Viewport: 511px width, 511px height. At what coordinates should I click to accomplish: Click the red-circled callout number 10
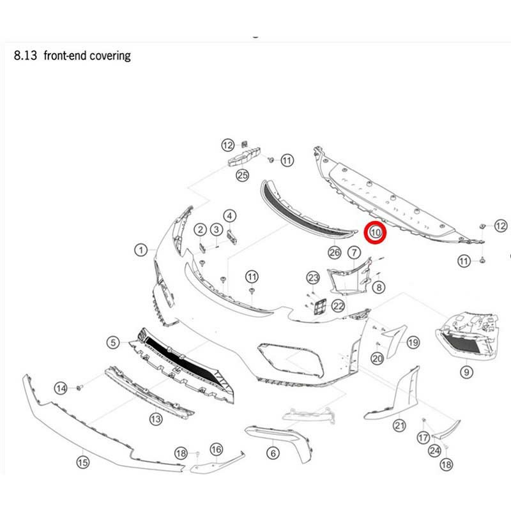(x=375, y=233)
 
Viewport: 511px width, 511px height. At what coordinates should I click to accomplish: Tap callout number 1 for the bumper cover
(x=141, y=250)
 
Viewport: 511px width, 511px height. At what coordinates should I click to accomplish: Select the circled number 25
(x=242, y=175)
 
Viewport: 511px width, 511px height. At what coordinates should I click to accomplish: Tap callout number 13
(x=156, y=418)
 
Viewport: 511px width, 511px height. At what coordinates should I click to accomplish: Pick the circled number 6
(x=274, y=454)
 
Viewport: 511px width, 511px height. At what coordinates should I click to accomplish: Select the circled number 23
(x=312, y=277)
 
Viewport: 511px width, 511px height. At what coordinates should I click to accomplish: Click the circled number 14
(x=61, y=388)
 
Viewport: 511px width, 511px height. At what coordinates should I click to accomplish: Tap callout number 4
(x=229, y=216)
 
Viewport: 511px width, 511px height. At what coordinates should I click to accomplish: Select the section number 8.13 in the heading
(x=23, y=56)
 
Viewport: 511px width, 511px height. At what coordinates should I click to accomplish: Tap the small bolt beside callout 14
(x=80, y=388)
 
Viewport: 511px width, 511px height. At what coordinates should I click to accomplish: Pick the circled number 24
(x=434, y=451)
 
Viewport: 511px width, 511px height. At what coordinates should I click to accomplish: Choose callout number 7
(x=354, y=253)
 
